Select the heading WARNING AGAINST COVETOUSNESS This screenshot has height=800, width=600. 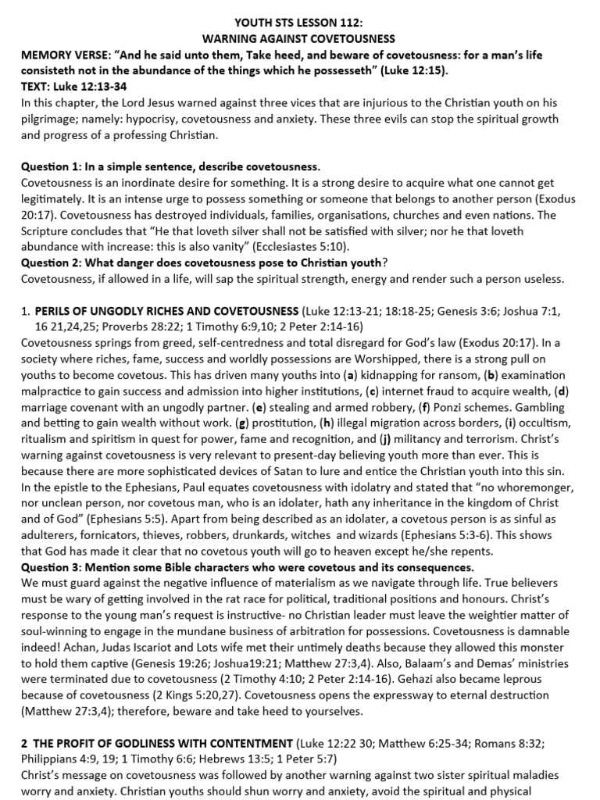[x=299, y=38]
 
